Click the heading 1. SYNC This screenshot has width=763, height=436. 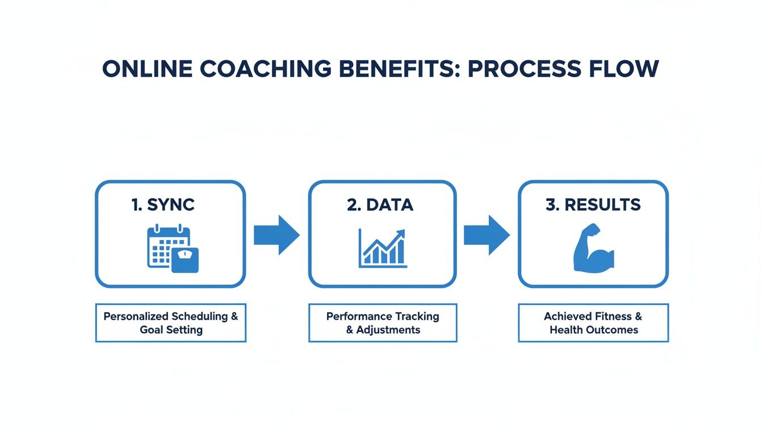pyautogui.click(x=163, y=205)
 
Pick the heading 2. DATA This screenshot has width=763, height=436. pyautogui.click(x=380, y=205)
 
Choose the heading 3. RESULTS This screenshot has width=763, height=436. pyautogui.click(x=593, y=205)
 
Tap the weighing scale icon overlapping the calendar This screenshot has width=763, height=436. pyautogui.click(x=185, y=259)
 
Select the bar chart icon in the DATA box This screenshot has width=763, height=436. pyautogui.click(x=382, y=250)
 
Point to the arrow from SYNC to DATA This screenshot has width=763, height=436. pyautogui.click(x=276, y=234)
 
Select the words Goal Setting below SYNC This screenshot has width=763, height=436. pyautogui.click(x=171, y=330)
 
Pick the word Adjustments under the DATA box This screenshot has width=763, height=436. pyautogui.click(x=388, y=330)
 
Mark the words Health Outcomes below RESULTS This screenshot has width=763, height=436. pyautogui.click(x=594, y=330)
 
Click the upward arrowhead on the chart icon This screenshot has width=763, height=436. pyautogui.click(x=401, y=233)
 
